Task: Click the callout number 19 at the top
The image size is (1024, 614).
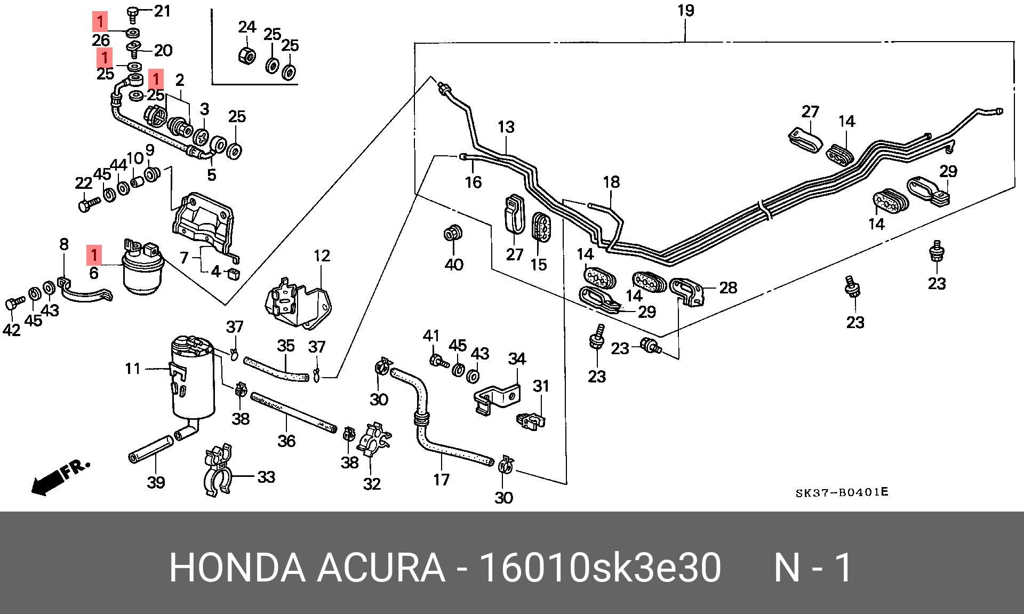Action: click(x=686, y=10)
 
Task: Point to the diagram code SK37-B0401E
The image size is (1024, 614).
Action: click(x=842, y=492)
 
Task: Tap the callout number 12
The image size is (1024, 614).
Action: click(x=322, y=256)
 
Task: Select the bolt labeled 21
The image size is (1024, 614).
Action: click(x=132, y=13)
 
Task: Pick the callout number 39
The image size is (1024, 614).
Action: click(x=156, y=482)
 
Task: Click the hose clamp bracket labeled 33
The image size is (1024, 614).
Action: click(x=217, y=469)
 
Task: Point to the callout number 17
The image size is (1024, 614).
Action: click(x=441, y=480)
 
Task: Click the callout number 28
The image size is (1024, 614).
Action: click(x=728, y=288)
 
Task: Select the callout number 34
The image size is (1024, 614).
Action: click(x=516, y=358)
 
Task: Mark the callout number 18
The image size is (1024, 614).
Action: click(x=611, y=182)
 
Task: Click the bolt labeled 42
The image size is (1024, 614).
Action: click(x=13, y=304)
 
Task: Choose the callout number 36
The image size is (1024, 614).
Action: click(x=286, y=441)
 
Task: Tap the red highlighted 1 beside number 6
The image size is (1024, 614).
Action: click(x=94, y=255)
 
